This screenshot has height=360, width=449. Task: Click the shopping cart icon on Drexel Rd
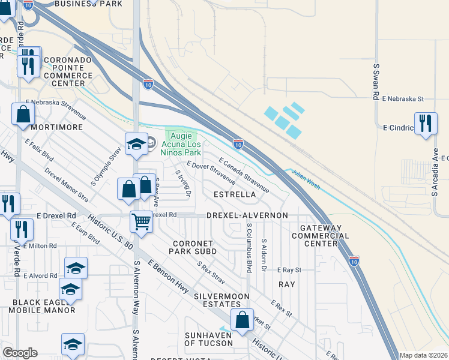(x=141, y=221)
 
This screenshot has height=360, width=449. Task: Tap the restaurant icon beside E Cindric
(x=426, y=124)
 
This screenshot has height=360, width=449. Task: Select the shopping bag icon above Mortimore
(x=22, y=114)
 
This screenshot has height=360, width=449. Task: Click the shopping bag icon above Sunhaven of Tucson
(x=242, y=320)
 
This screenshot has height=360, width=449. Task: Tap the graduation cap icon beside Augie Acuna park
(x=136, y=144)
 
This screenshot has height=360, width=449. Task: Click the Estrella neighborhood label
(x=235, y=194)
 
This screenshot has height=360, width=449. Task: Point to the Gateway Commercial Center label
(x=324, y=235)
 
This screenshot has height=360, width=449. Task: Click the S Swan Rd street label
(x=376, y=82)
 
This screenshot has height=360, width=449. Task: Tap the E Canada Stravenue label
(x=244, y=175)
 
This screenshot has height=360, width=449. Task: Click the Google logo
(x=20, y=353)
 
